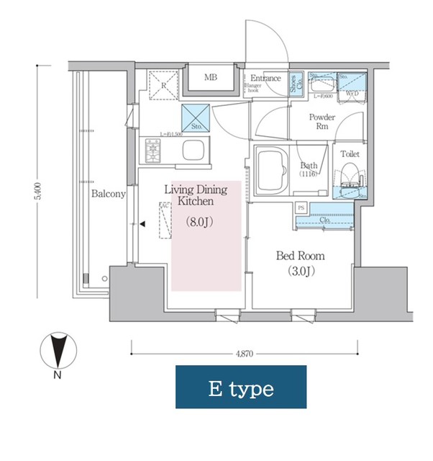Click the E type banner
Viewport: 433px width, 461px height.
pos(241,388)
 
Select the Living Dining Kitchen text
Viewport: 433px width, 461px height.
pos(196,196)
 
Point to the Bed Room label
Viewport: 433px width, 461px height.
pos(301,256)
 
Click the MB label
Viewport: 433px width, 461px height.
pos(210,78)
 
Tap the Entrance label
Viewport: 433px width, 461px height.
pos(265,78)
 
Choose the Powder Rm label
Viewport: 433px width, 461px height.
pos(322,121)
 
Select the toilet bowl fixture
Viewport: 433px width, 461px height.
pos(350,176)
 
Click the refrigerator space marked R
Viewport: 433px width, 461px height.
pos(163,85)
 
